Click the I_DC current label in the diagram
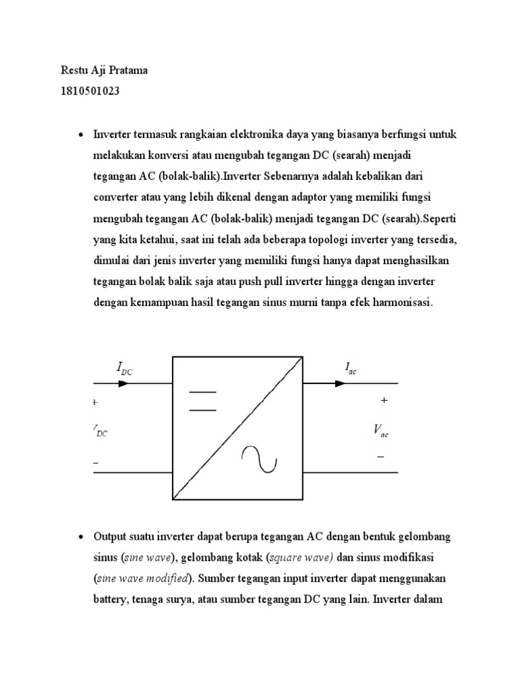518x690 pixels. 128,368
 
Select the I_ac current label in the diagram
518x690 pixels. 350,369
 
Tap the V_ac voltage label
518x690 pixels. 380,431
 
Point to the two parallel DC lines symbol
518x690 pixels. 202,400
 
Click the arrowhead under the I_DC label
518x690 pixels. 123,383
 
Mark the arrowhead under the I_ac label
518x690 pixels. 340,383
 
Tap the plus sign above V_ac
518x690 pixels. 384,400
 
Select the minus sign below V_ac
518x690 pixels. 381,457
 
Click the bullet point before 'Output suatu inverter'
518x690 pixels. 81,538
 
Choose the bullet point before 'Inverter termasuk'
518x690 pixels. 81,135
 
